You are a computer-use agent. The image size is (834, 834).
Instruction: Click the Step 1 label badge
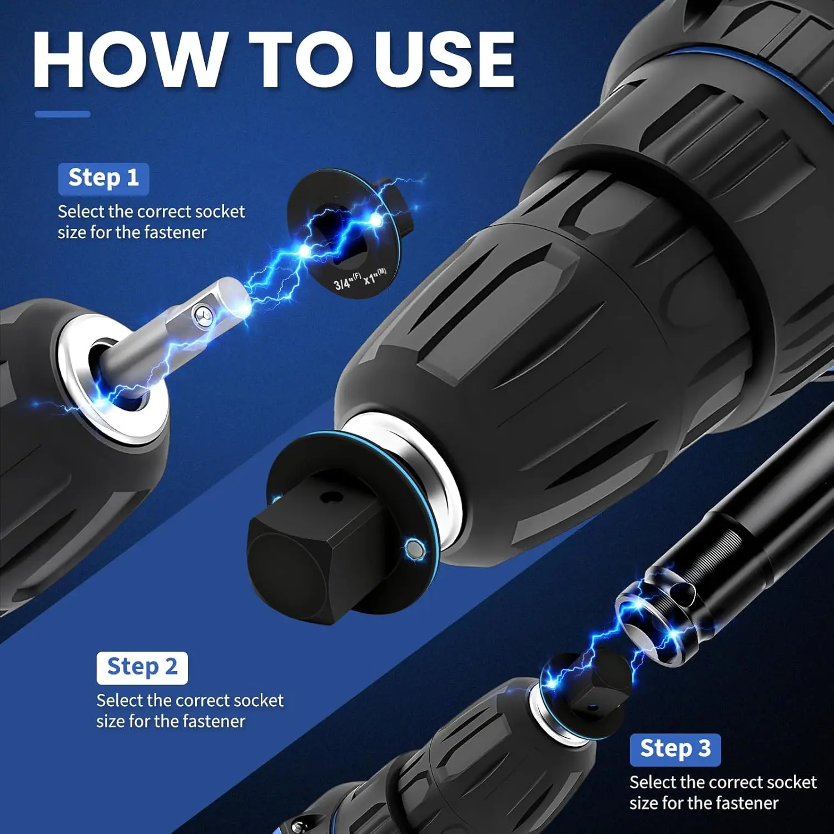(x=103, y=178)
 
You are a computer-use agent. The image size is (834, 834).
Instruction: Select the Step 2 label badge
(x=142, y=667)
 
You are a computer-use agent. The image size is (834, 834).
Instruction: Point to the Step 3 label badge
(x=675, y=749)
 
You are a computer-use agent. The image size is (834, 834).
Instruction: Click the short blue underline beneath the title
(x=62, y=114)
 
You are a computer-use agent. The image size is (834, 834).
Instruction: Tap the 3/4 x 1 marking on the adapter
(x=360, y=279)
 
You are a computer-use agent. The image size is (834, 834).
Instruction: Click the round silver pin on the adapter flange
(x=414, y=549)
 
